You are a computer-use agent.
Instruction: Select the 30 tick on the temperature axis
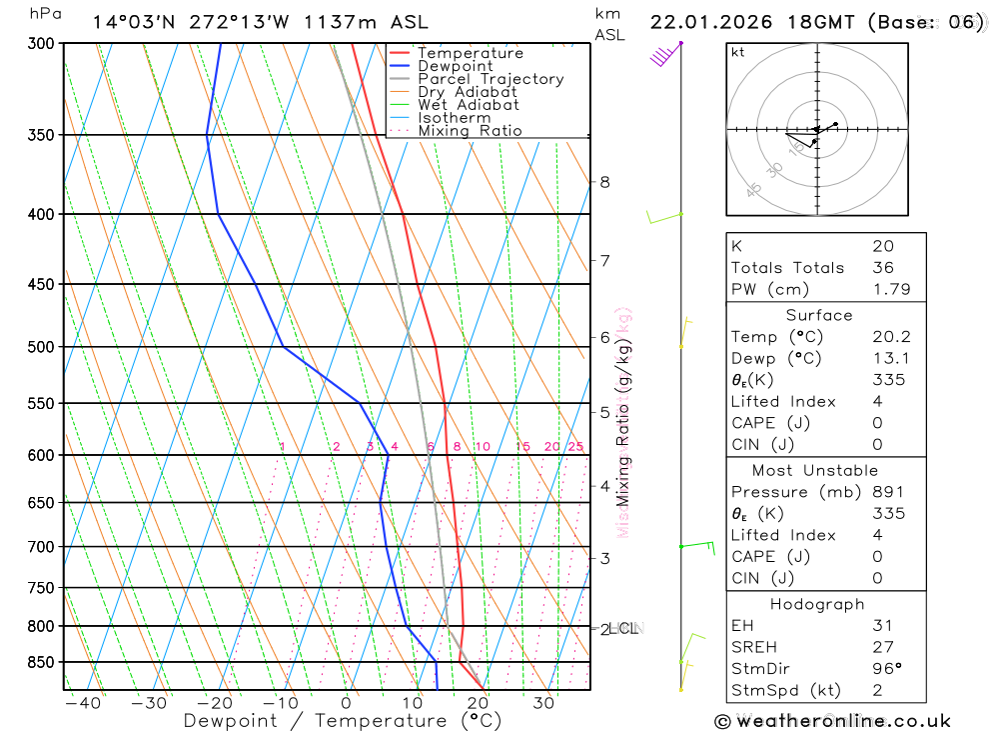[x=543, y=703]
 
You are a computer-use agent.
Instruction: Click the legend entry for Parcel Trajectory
[x=491, y=79]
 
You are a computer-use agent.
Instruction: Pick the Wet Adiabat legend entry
[x=469, y=105]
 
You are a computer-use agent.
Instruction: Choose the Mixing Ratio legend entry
[x=470, y=131]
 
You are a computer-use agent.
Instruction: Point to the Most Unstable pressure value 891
[x=887, y=492]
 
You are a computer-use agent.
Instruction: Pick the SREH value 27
[x=883, y=647]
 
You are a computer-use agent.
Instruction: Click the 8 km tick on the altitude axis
[x=604, y=182]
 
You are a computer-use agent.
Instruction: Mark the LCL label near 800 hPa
[x=622, y=629]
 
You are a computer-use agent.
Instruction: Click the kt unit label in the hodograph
[x=738, y=52]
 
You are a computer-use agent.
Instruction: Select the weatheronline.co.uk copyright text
[x=832, y=721]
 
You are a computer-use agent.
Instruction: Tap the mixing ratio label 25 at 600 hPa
[x=575, y=446]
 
